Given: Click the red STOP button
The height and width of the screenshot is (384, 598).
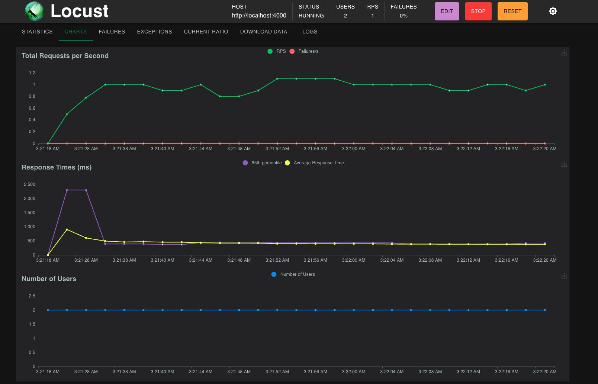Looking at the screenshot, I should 478,11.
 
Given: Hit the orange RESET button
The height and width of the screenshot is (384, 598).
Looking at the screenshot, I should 512,11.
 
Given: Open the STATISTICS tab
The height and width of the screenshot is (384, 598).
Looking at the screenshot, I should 37,32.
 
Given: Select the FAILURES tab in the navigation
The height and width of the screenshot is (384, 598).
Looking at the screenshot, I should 112,32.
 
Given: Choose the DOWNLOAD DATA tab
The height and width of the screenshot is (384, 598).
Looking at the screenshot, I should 263,32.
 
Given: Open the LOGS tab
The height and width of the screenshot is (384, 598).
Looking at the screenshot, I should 309,32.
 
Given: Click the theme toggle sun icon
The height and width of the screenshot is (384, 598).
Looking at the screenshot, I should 553,11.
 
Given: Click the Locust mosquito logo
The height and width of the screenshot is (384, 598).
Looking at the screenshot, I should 34,11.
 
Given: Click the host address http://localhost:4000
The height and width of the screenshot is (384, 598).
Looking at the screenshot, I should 259,16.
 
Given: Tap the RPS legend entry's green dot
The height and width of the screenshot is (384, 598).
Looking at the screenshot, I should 270,51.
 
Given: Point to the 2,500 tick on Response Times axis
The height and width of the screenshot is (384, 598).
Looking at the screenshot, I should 29,184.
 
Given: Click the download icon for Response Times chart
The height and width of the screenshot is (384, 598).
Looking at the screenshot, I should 564,164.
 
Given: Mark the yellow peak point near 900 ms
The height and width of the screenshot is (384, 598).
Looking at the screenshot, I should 67,230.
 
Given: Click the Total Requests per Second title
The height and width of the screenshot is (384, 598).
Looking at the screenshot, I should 65,56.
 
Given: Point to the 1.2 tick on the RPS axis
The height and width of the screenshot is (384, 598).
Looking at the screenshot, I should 32,73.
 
